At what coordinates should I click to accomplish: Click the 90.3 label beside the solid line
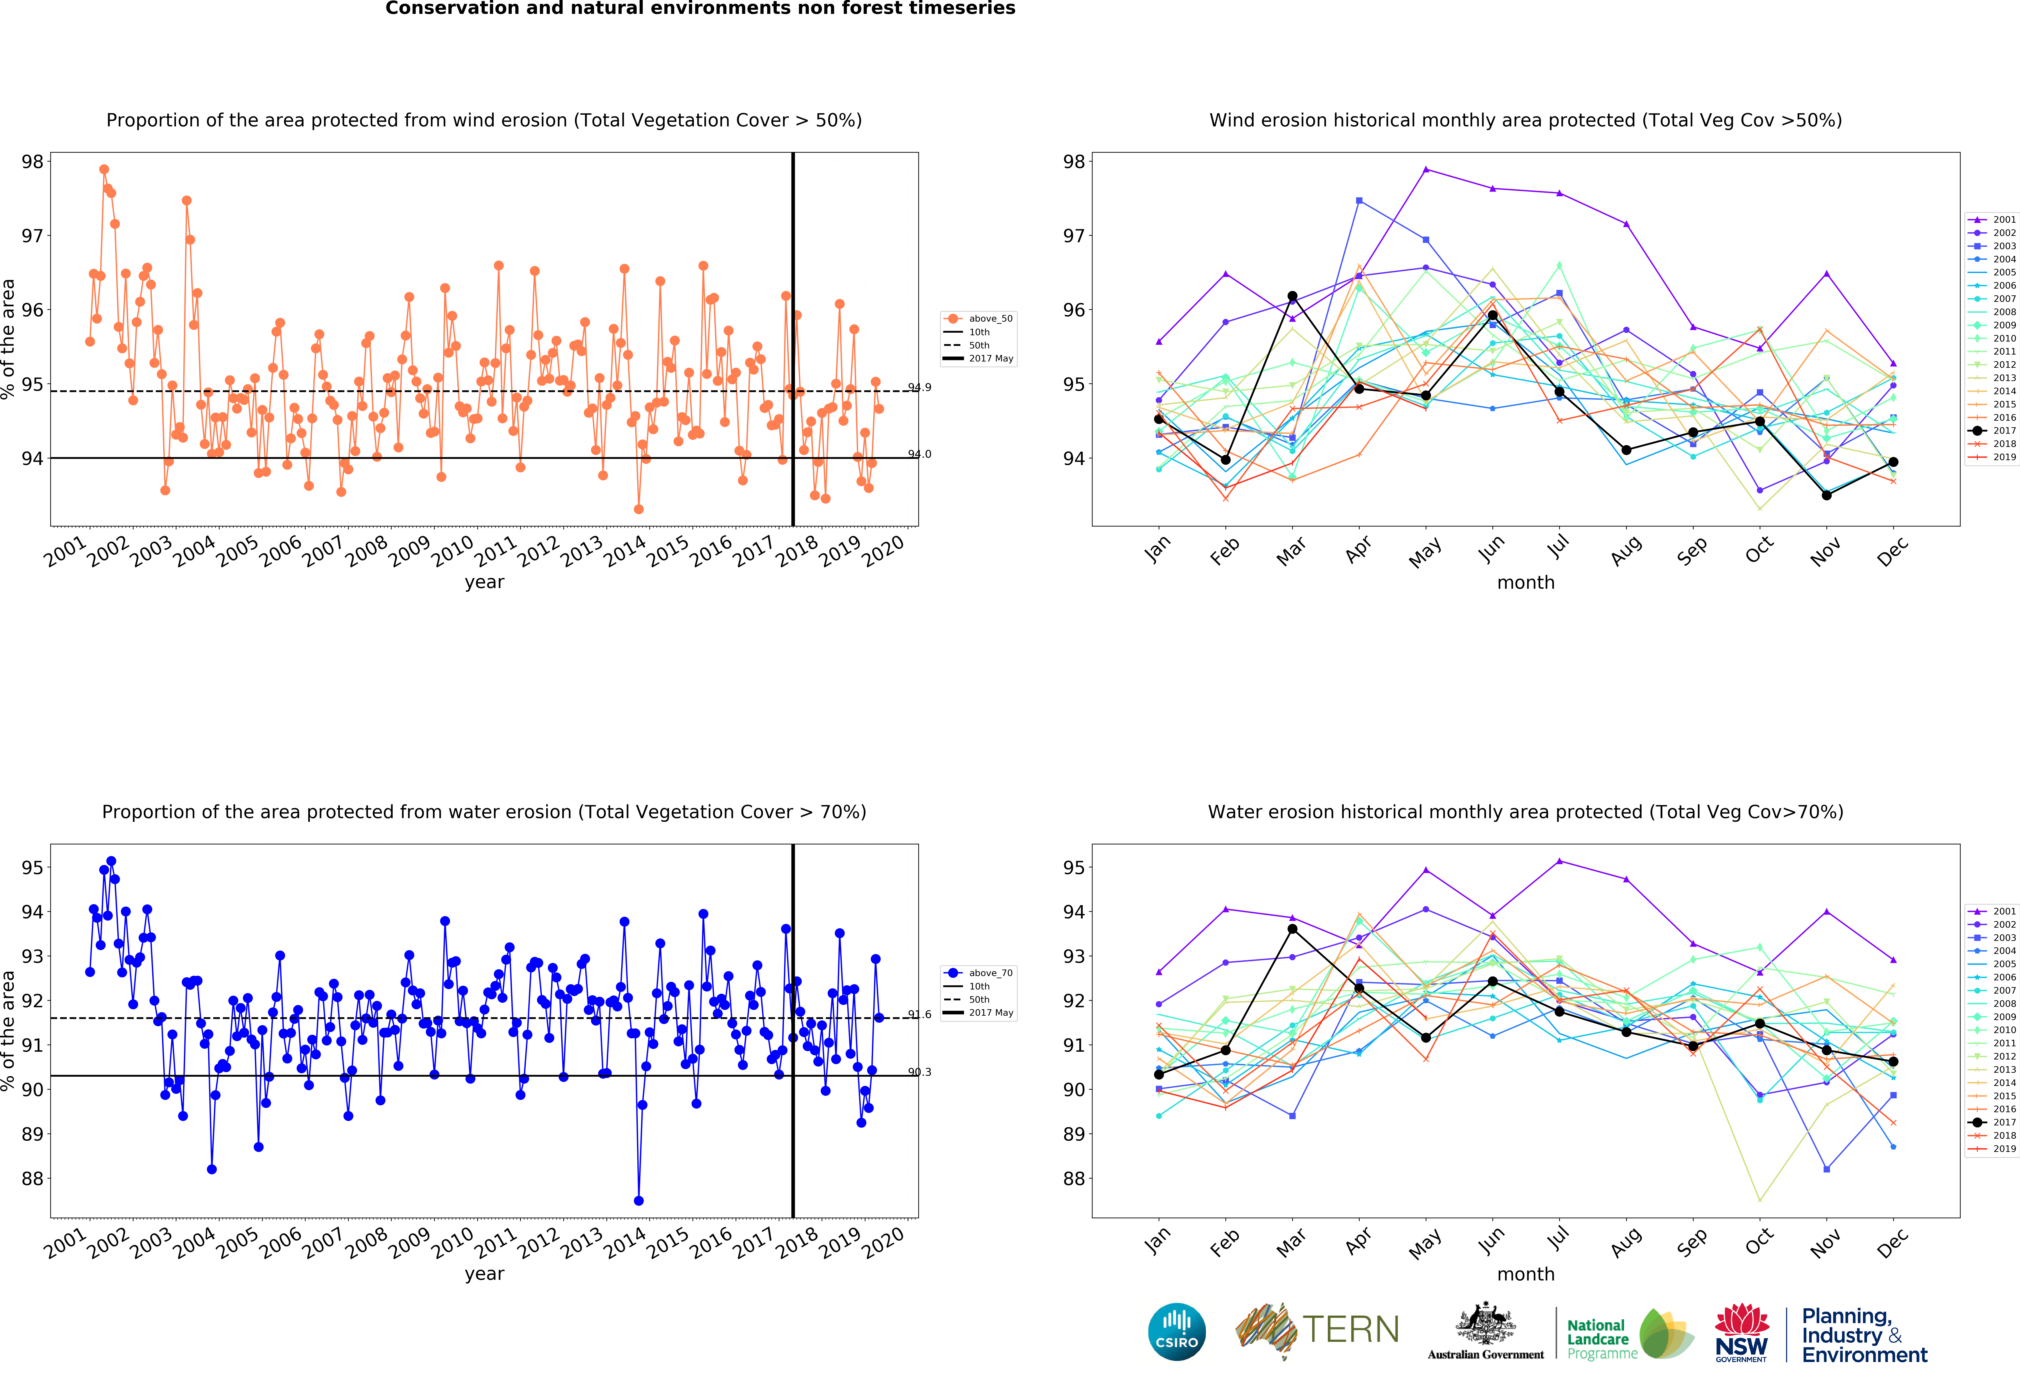coord(920,1072)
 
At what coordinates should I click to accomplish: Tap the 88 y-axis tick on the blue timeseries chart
coord(32,1179)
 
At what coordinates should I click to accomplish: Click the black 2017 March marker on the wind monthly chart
coord(1292,296)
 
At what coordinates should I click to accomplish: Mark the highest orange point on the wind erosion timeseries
coord(104,170)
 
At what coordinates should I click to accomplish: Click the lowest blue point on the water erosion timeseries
coord(639,1201)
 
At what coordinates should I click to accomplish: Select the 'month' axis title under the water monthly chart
coord(1525,1275)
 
